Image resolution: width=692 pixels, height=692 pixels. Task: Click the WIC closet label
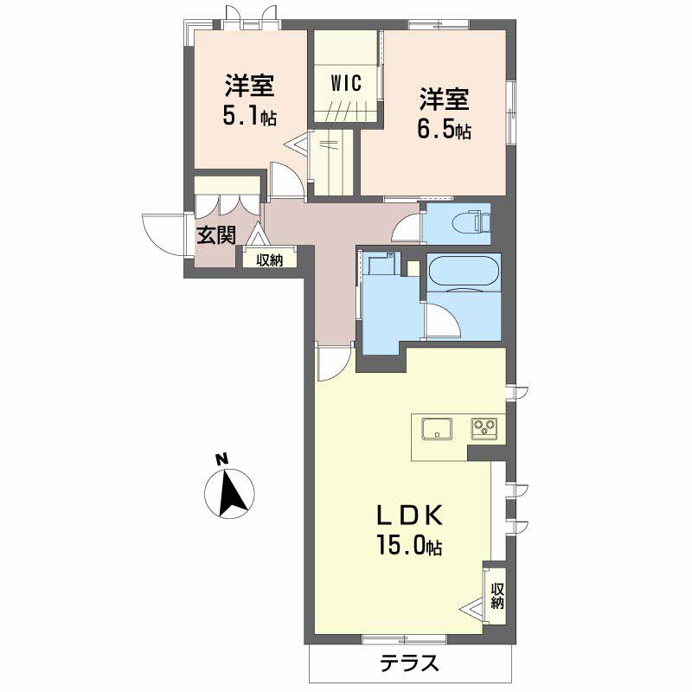point(347,83)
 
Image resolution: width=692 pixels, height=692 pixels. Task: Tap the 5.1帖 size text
point(250,116)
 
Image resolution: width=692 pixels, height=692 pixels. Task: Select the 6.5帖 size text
point(444,130)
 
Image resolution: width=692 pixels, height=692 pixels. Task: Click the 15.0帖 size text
point(409,546)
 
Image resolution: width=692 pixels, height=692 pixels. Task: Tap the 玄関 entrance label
point(215,235)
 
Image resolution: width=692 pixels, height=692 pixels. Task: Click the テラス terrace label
point(410,662)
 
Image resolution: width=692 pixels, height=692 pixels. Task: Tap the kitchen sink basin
point(437,428)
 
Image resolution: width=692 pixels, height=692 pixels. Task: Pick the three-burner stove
point(484,428)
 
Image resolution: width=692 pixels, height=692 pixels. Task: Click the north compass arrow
point(229,493)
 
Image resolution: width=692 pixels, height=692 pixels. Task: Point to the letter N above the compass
point(222,458)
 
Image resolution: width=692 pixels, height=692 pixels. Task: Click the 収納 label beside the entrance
point(270,260)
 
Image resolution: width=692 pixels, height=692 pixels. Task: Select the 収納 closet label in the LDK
point(497,596)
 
